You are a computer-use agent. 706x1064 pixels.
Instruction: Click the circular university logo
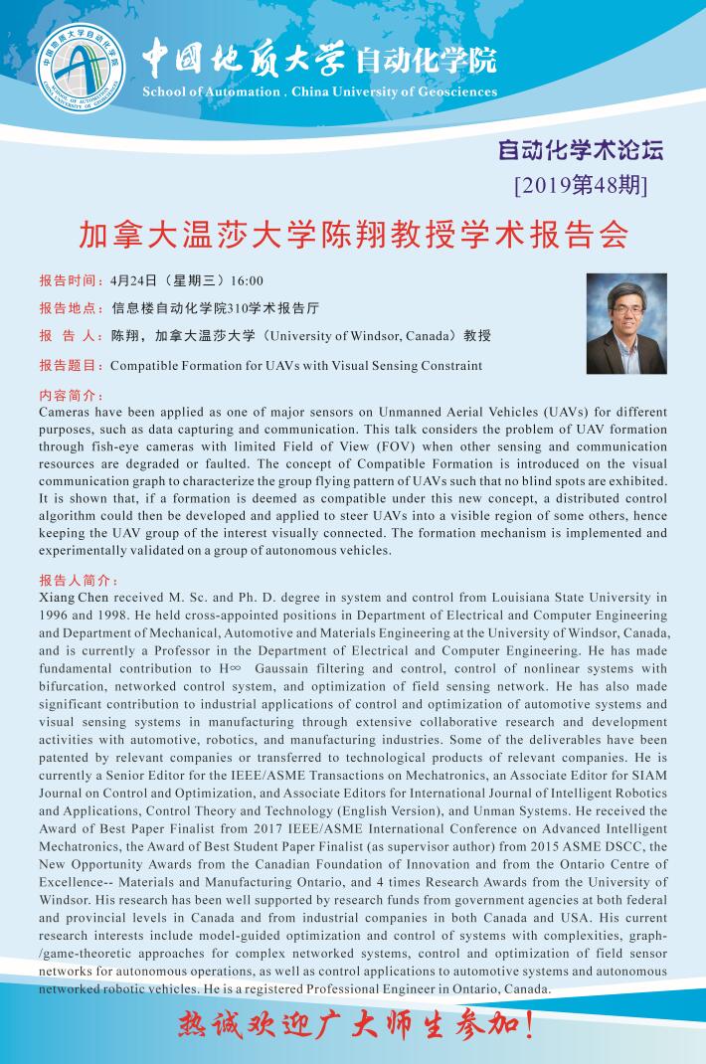pyautogui.click(x=82, y=63)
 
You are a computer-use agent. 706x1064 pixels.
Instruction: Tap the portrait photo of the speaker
pyautogui.click(x=626, y=323)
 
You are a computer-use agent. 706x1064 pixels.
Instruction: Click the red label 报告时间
pyautogui.click(x=70, y=280)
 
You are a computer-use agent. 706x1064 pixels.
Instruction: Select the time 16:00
pyautogui.click(x=246, y=280)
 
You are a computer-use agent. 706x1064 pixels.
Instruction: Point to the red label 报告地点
pyautogui.click(x=70, y=308)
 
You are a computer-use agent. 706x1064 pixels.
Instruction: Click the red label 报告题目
pyautogui.click(x=70, y=365)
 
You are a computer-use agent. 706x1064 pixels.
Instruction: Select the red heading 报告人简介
pyautogui.click(x=79, y=580)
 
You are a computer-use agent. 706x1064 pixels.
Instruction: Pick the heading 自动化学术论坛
pyautogui.click(x=580, y=151)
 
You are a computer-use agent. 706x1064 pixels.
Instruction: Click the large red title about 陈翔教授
pyautogui.click(x=353, y=234)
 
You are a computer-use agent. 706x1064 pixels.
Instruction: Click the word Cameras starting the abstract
pyautogui.click(x=67, y=411)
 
